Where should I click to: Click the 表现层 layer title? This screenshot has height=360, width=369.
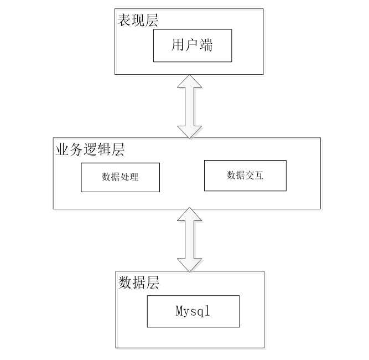pos(138,20)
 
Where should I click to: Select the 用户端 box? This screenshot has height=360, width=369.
pos(193,45)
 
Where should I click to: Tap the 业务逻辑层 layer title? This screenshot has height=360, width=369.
pos(90,150)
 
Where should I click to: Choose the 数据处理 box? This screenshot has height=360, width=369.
pos(120,177)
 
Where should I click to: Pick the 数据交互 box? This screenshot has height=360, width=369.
pos(245,176)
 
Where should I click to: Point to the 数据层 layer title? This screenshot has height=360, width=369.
pos(139,282)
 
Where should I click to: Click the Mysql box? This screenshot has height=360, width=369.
pos(194,311)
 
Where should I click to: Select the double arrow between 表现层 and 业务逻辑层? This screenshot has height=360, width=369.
pos(189,106)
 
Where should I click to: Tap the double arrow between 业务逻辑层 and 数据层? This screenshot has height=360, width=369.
pos(189,240)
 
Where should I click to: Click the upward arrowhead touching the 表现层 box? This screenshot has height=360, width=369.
pos(189,81)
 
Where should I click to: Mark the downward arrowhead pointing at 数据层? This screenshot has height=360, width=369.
pos(189,265)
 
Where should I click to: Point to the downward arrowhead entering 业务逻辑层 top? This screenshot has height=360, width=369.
pos(189,132)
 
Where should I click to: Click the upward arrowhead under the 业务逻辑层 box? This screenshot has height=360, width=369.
pos(189,214)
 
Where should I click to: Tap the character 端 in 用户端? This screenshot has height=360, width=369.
pos(206,45)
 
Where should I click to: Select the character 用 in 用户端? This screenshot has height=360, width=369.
pos(178,45)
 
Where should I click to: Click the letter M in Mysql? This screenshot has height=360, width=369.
pos(179,311)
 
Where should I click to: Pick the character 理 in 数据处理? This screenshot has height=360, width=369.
pos(134,177)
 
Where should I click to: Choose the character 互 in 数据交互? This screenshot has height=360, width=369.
pos(259,175)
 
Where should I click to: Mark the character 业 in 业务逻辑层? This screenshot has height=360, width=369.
pos(62,150)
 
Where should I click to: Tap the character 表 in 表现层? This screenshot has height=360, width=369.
pos(124,20)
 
